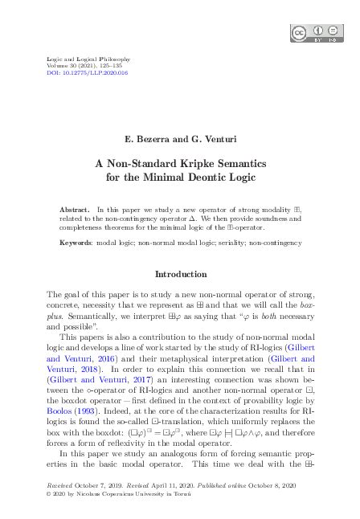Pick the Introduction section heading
pyautogui.click(x=180, y=274)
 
